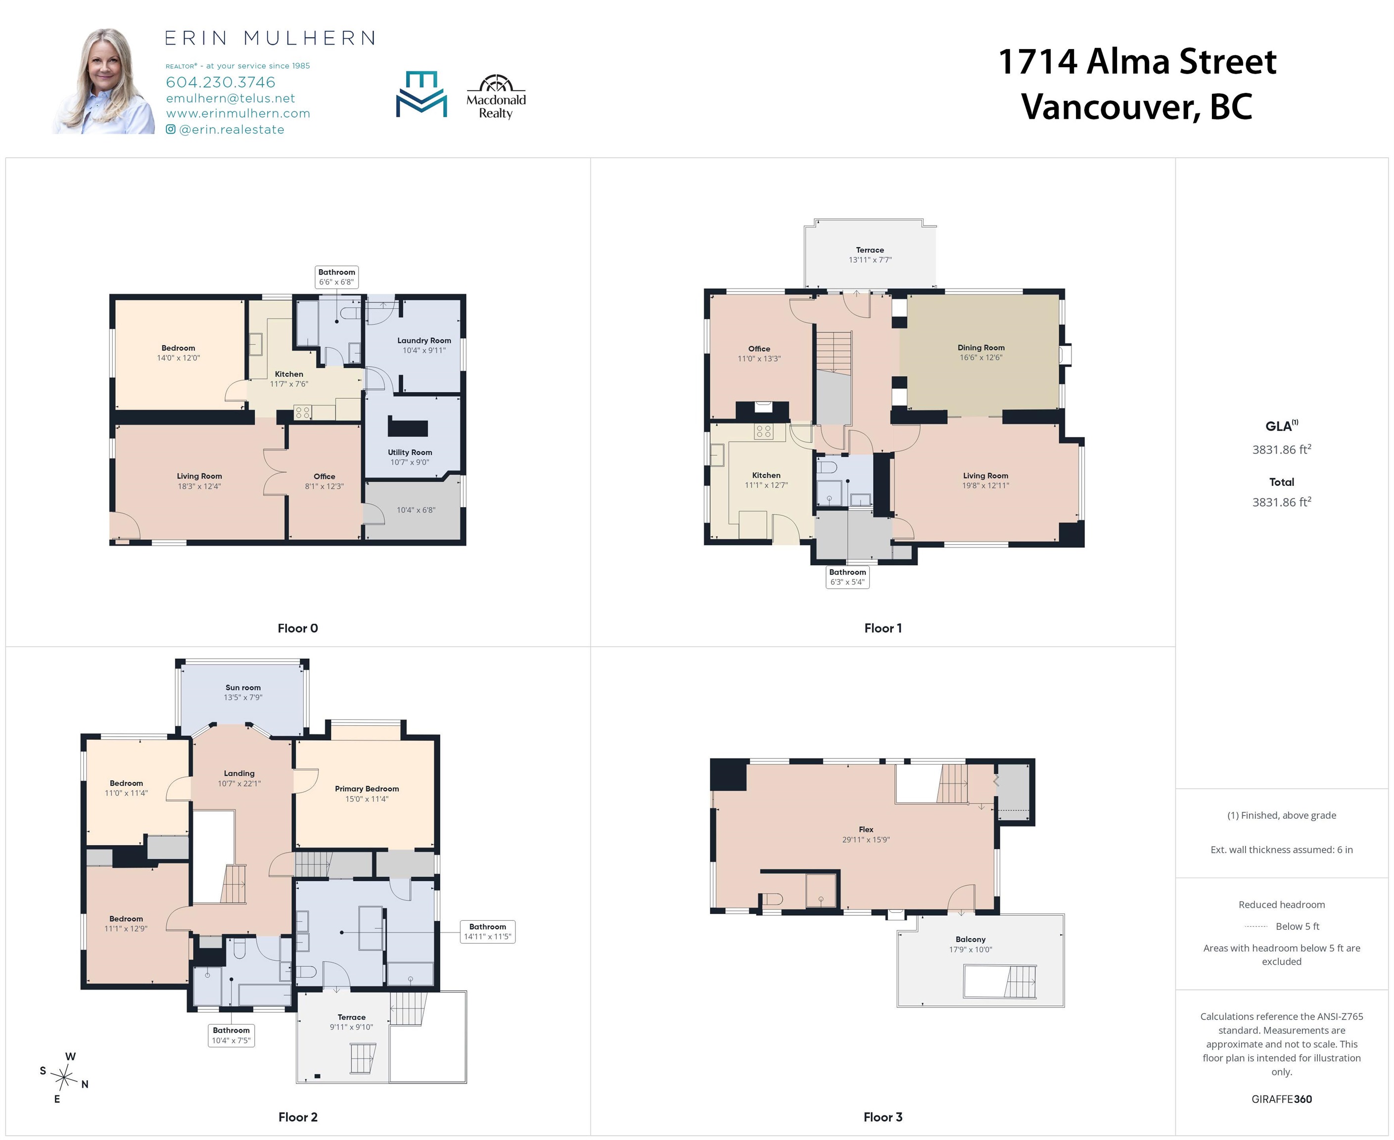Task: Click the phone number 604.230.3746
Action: [x=221, y=82]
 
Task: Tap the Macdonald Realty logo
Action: [x=496, y=96]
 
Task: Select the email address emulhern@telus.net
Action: [x=231, y=98]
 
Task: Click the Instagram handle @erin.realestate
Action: [x=225, y=129]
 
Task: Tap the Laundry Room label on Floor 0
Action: [x=424, y=340]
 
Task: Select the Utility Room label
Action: [x=410, y=452]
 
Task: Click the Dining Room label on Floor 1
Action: [x=981, y=347]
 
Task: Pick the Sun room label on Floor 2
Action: [x=243, y=688]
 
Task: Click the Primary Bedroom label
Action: [x=367, y=789]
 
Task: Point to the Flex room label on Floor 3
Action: [x=866, y=829]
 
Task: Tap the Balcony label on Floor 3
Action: [x=971, y=939]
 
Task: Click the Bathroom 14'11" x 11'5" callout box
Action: [x=488, y=931]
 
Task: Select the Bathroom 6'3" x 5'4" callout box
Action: [x=848, y=576]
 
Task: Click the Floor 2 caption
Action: [x=298, y=1117]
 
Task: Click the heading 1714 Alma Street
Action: [x=1137, y=62]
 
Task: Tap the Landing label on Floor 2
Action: [x=239, y=773]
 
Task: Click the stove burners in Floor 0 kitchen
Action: [x=303, y=412]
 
